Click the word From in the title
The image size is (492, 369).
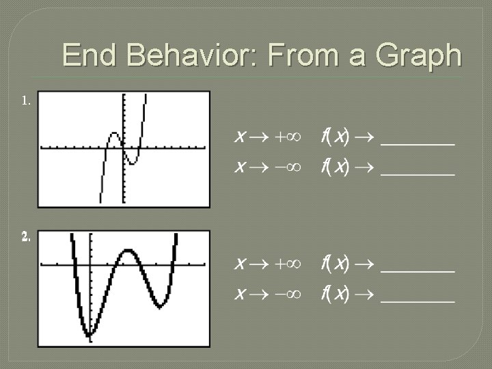(x=295, y=55)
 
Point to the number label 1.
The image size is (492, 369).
(x=26, y=101)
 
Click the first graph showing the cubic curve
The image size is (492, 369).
(x=124, y=148)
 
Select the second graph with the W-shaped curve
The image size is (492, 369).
(x=124, y=286)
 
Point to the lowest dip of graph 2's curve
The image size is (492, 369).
(x=88, y=333)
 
